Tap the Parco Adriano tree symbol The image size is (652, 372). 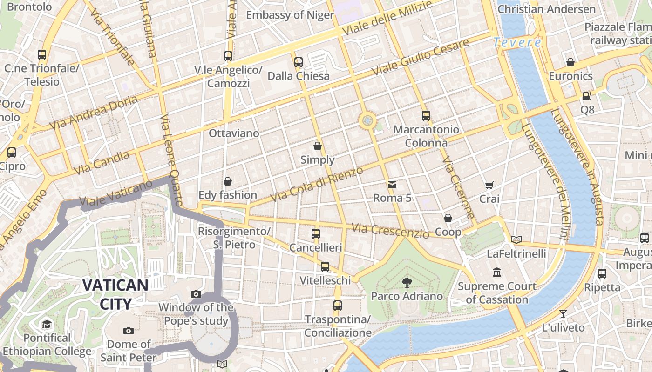pos(407,282)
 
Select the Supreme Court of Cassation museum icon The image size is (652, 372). pos(497,272)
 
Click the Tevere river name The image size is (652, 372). pos(517,43)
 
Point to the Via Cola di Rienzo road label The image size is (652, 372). pos(317,185)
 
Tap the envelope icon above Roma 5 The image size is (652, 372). pos(392,185)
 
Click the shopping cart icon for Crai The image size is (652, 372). pos(489,186)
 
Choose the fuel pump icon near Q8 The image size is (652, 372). pos(587,96)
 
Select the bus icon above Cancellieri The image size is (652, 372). pos(316,233)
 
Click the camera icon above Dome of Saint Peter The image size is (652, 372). pos(129,331)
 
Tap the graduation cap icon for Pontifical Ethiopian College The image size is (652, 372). pos(47,324)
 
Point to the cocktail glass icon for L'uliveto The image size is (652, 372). pos(563,314)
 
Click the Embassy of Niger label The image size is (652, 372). pos(290,15)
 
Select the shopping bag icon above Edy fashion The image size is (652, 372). pos(228,181)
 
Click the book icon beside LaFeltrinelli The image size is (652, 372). pos(516,239)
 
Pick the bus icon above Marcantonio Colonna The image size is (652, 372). pos(426,116)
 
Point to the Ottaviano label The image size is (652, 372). pos(234,133)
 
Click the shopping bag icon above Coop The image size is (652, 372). pos(448,218)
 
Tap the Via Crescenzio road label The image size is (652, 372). pos(390,230)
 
